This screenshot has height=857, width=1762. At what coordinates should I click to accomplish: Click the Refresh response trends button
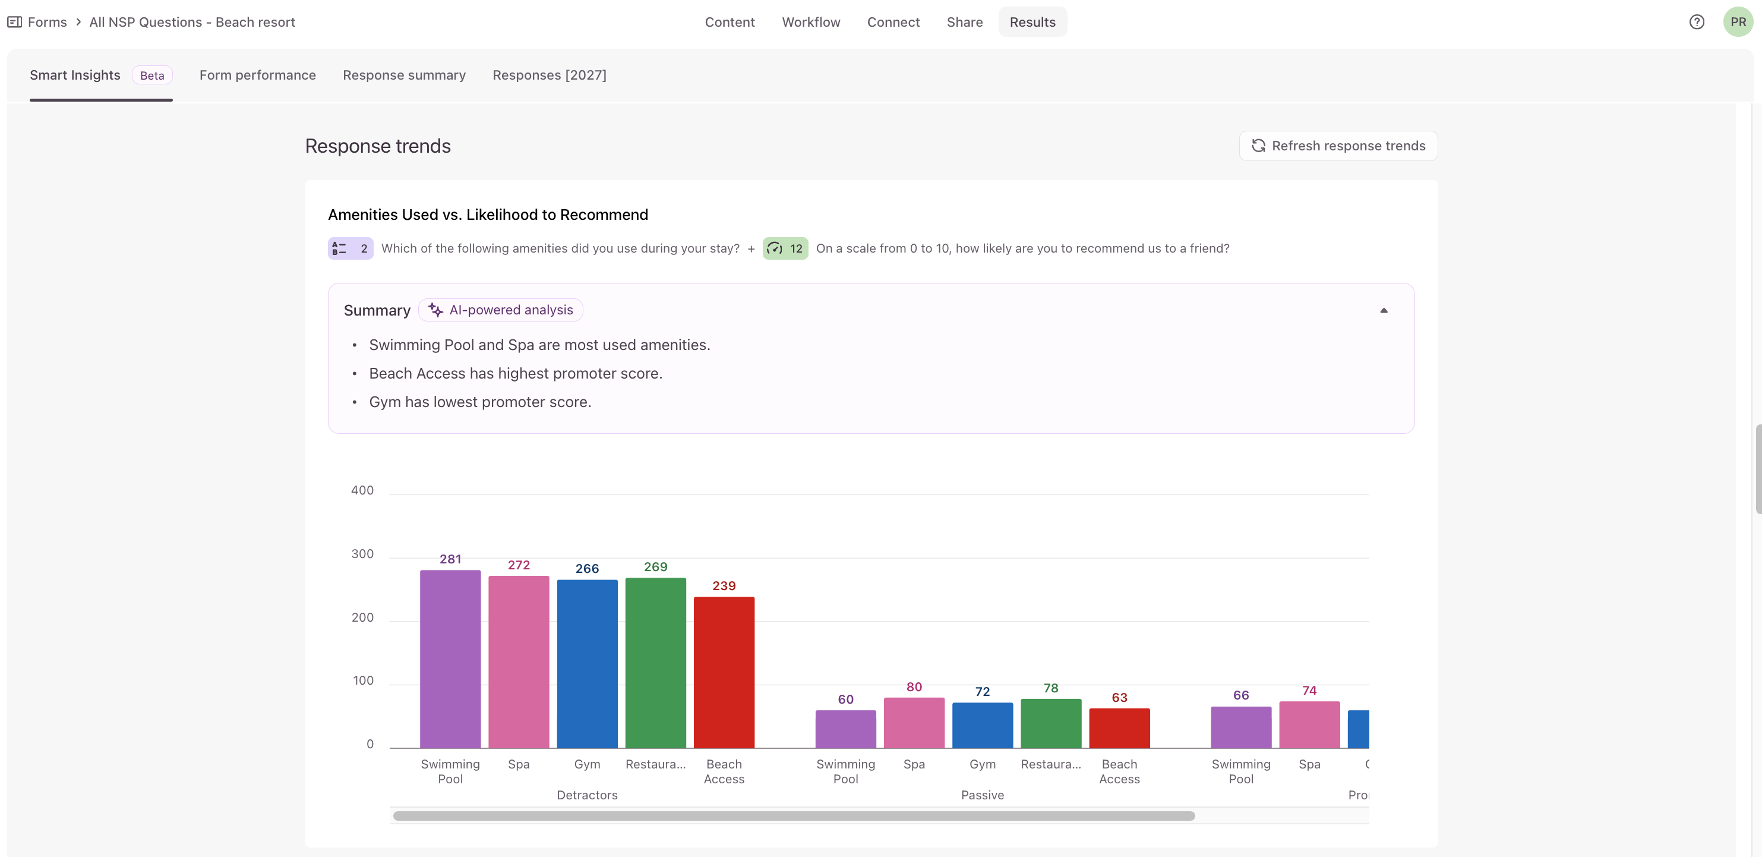[x=1338, y=146]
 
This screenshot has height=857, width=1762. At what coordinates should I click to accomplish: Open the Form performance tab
[x=257, y=75]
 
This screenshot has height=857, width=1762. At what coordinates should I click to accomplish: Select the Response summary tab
[x=404, y=75]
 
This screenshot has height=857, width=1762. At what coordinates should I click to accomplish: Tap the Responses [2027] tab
[x=550, y=75]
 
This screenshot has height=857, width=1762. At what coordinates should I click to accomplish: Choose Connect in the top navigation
[x=893, y=22]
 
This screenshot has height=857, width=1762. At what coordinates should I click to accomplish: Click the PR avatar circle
[x=1738, y=22]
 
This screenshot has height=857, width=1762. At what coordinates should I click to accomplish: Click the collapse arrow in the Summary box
[x=1384, y=310]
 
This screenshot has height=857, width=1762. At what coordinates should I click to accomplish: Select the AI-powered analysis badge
[x=501, y=310]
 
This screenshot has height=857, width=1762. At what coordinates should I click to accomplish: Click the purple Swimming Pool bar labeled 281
[x=450, y=658]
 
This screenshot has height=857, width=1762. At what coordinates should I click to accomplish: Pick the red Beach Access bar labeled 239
[x=724, y=672]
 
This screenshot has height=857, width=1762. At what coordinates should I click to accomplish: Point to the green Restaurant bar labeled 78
[x=1051, y=723]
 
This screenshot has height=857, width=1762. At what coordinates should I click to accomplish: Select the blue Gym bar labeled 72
[x=982, y=725]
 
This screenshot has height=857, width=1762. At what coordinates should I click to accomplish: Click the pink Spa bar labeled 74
[x=1309, y=724]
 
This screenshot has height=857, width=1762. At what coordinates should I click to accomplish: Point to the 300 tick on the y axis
[x=362, y=554]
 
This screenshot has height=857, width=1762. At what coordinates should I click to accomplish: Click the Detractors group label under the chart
[x=587, y=795]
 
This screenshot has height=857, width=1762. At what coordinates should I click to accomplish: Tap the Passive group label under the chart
[x=982, y=795]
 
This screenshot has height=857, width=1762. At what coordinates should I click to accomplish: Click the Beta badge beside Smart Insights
[x=152, y=75]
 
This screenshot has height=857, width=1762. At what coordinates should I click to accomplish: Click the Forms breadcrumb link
[x=47, y=22]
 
